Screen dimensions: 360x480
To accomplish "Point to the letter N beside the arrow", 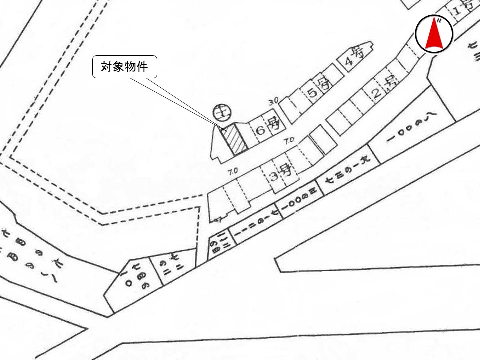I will pos(439,21).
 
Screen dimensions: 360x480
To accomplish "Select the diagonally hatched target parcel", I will pos(235,140).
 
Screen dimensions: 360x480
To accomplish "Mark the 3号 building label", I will pos(281,175).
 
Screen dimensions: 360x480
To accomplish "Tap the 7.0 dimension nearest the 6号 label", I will pos(288,142).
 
